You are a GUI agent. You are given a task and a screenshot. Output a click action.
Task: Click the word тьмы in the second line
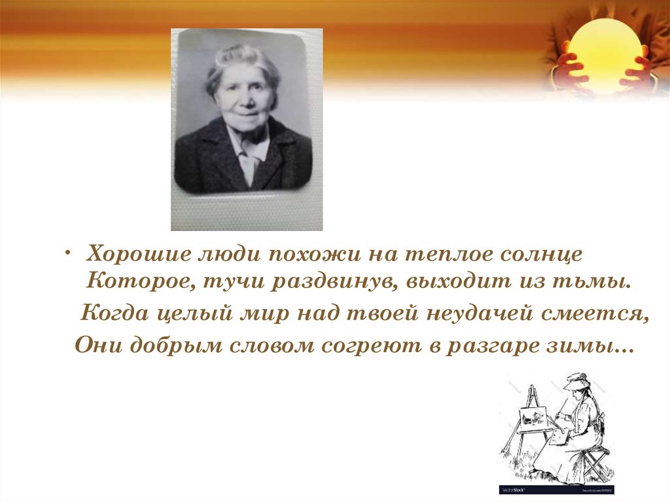click(x=604, y=283)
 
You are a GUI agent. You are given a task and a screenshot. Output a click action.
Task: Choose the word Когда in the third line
click(x=113, y=314)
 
